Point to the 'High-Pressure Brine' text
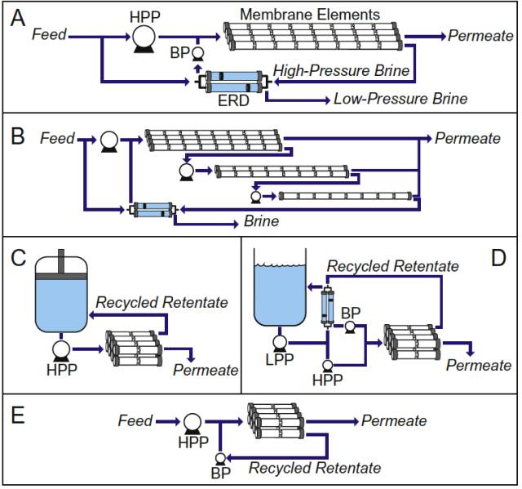(342, 71)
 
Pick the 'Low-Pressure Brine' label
(400, 99)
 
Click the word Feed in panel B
(57, 139)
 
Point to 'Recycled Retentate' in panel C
(161, 303)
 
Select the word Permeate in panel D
(478, 365)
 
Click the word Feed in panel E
(135, 420)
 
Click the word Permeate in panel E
(394, 420)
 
